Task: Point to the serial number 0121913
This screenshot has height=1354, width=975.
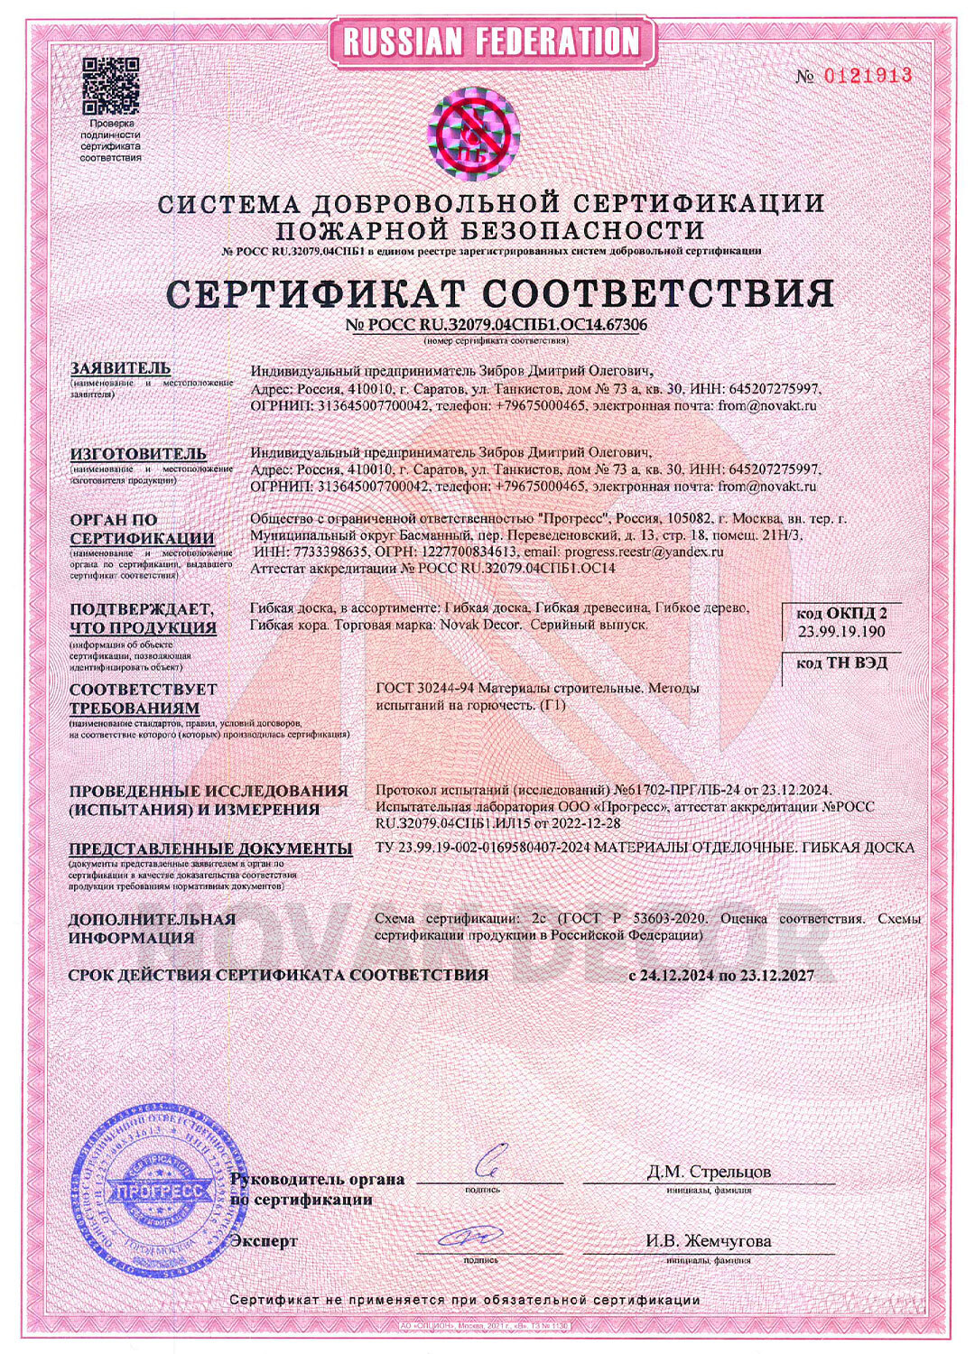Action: tap(867, 75)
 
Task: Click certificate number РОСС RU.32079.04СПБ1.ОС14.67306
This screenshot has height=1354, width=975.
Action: tap(497, 325)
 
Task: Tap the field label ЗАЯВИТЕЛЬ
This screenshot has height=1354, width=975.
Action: tap(120, 368)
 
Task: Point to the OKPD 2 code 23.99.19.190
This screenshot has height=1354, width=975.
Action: tap(841, 631)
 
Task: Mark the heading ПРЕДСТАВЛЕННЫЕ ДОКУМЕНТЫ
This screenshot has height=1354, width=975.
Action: tap(210, 849)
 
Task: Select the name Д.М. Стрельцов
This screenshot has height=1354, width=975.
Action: tap(708, 1172)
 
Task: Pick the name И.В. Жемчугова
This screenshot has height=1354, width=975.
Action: tap(708, 1241)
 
